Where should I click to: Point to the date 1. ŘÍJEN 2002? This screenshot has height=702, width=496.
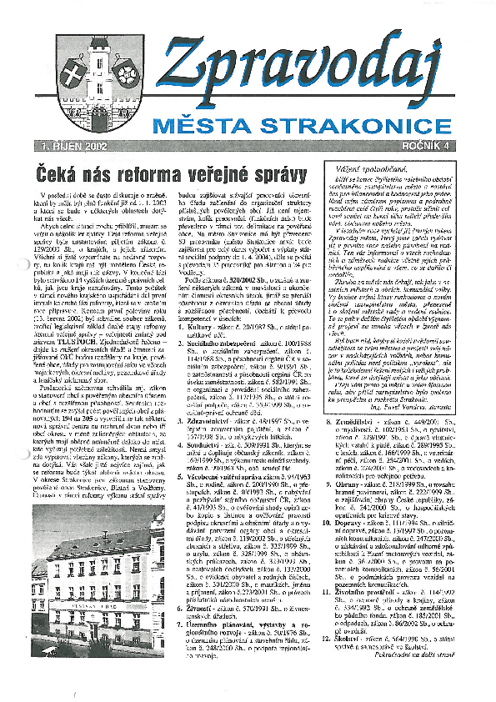pyautogui.click(x=77, y=145)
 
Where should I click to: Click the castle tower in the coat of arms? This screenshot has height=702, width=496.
pyautogui.click(x=97, y=58)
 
